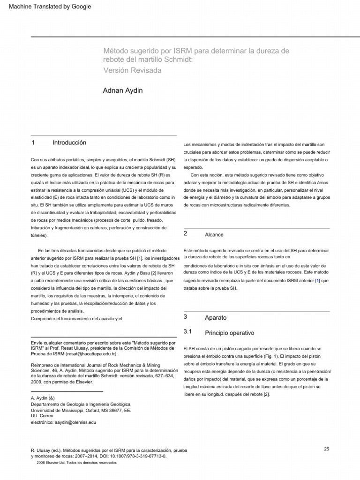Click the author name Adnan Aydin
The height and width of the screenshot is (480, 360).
pos(123,90)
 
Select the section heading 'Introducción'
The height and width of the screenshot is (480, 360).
pos(69,142)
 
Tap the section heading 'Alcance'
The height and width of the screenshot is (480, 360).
pos(214,234)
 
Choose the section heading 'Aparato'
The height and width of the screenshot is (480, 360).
pos(216,318)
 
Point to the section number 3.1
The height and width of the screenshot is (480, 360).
pos(188,332)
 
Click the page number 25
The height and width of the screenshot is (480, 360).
pos(326,449)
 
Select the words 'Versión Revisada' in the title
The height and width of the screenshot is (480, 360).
pos(132,70)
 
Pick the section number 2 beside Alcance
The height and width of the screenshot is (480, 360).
pos(186,233)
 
